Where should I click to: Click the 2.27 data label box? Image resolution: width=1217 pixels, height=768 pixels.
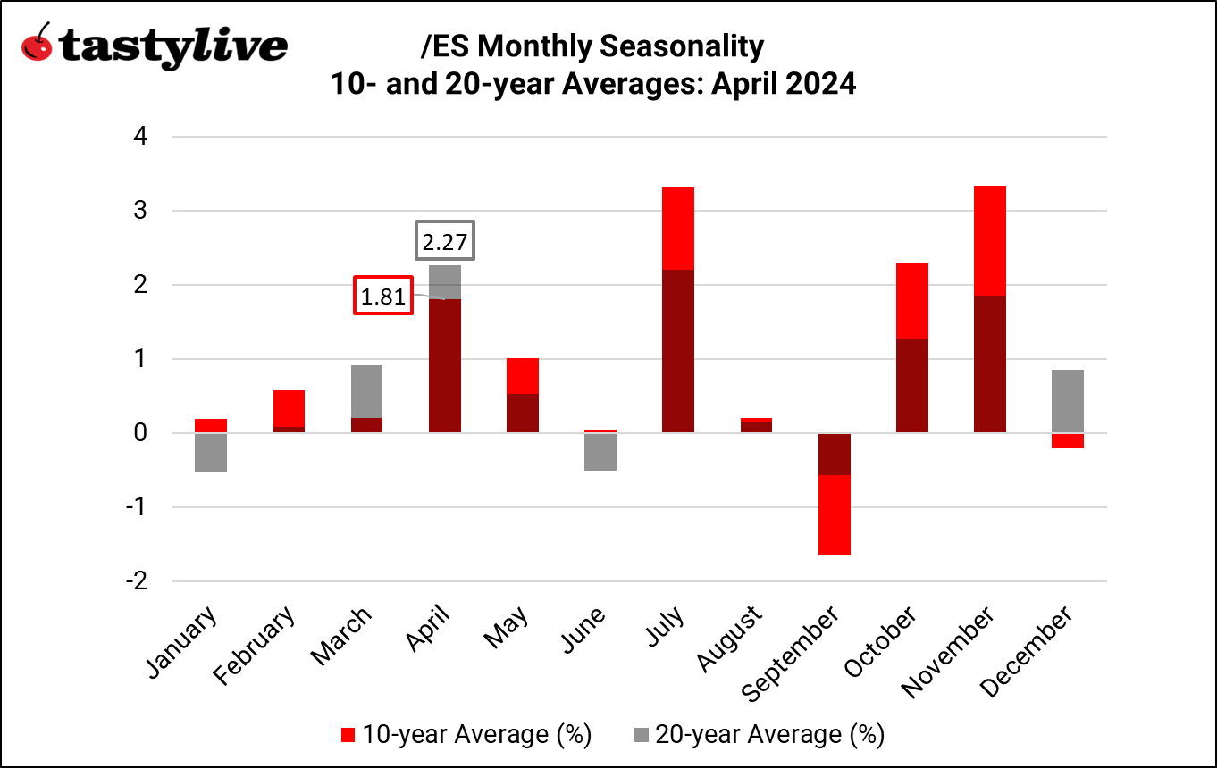point(445,241)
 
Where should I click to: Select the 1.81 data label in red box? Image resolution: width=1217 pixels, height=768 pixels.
point(384,296)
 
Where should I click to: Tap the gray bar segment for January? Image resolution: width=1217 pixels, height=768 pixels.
point(211,452)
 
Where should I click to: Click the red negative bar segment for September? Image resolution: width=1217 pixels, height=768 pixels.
point(835,515)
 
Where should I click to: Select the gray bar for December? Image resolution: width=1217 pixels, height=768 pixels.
point(1068,401)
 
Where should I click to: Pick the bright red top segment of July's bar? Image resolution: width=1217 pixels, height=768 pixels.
point(678,228)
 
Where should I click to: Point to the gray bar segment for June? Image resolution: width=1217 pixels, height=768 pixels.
point(600,451)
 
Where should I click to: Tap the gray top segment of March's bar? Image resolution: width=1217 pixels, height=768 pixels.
point(366,391)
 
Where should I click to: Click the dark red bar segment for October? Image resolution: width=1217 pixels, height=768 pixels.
point(912,386)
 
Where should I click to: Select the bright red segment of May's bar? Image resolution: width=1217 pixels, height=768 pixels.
point(523,376)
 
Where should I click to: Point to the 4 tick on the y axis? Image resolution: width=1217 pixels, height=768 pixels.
point(139,137)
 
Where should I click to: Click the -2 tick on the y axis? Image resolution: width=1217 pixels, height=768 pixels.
point(136,581)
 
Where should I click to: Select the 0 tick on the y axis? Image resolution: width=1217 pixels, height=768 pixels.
point(139,433)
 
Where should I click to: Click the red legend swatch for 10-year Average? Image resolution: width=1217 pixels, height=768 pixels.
point(348,735)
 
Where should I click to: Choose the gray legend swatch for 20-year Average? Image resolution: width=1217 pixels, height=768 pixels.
point(642,735)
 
